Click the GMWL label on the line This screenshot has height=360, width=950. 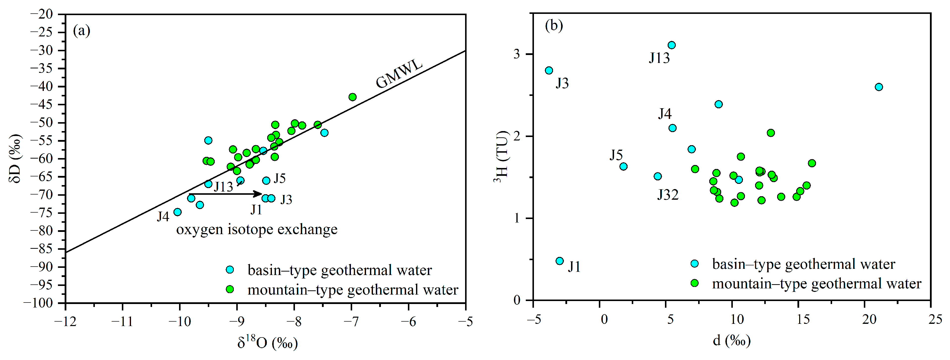coord(399,74)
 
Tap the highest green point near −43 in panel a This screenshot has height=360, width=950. coord(352,97)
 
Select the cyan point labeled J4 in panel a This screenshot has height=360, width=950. coord(177,212)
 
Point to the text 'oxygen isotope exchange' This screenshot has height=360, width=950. coord(257,229)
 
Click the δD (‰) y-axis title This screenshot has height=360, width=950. coord(16,158)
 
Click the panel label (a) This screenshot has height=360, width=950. coord(81,31)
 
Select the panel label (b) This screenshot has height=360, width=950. coord(554,26)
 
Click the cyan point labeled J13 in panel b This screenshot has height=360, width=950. coord(672,45)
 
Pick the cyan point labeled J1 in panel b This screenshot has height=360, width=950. coord(559,261)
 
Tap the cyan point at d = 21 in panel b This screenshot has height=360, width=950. coord(879,87)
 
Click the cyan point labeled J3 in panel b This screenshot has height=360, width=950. coord(549,70)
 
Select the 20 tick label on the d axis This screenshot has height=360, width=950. coord(869,319)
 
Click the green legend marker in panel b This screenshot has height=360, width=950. coord(694,283)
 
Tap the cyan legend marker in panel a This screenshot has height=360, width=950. coord(230,270)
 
